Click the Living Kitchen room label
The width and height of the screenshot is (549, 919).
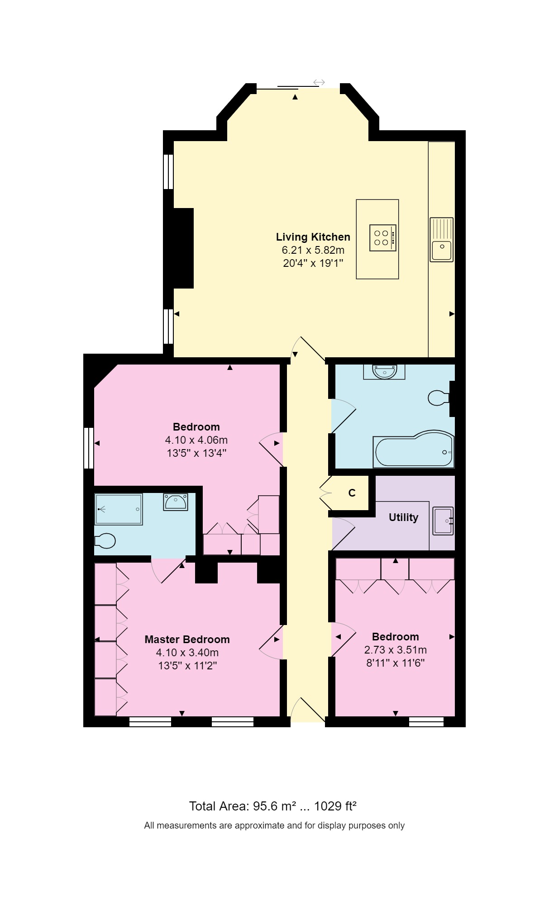point(313,237)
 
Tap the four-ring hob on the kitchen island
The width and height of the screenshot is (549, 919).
point(382,238)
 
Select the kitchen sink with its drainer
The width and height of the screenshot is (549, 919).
point(441,240)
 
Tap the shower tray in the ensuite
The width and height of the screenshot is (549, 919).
point(118,509)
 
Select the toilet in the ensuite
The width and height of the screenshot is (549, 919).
point(105,540)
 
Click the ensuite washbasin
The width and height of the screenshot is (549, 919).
point(176,502)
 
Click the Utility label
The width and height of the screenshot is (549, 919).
point(403,517)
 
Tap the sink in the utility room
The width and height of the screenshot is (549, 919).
point(443,521)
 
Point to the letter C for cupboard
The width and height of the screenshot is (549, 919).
point(352,493)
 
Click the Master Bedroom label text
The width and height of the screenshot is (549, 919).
point(187,640)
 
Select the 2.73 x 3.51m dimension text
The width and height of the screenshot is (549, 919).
point(395,650)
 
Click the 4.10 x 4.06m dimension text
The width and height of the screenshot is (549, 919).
point(196,440)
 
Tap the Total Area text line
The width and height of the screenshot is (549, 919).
point(272,806)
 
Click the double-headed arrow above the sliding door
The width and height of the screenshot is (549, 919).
point(319,82)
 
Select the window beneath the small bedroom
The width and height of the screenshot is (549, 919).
point(426,721)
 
